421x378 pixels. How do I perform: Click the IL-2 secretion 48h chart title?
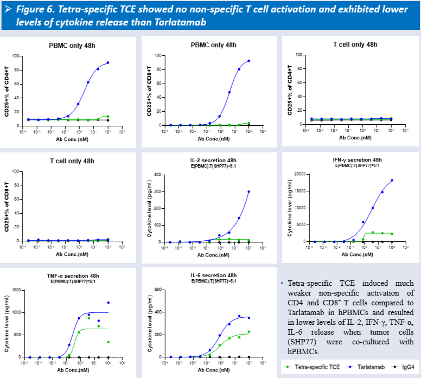[x=214, y=161]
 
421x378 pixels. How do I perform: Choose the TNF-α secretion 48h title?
[x=73, y=276]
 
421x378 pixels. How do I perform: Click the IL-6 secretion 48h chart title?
[x=214, y=276]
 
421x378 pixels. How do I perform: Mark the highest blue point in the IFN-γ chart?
[x=392, y=181]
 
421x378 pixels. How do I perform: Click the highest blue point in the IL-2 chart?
[x=249, y=191]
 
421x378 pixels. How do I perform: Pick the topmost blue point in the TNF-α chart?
[x=108, y=303]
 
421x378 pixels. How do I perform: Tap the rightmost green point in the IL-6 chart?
[x=249, y=332]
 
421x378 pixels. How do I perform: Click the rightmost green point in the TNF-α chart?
[x=108, y=342]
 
